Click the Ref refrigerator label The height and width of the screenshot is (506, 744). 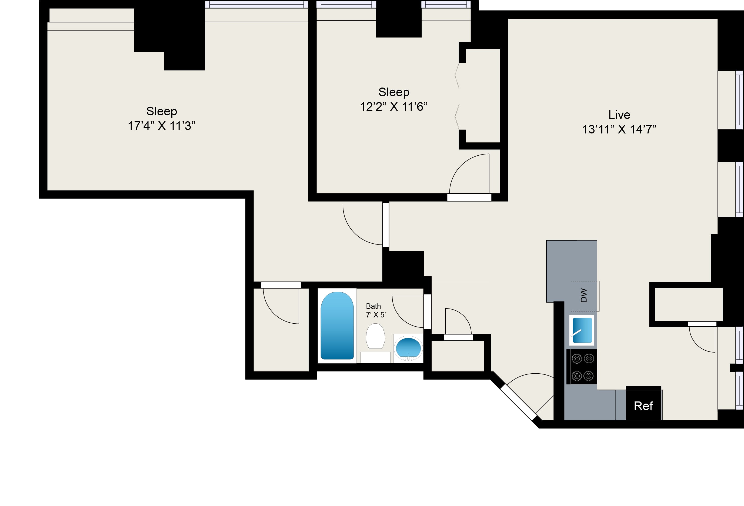pyautogui.click(x=643, y=406)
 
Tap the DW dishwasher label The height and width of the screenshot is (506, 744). pyautogui.click(x=584, y=295)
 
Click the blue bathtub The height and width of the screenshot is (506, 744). pyautogui.click(x=337, y=326)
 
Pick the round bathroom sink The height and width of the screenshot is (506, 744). pyautogui.click(x=408, y=348)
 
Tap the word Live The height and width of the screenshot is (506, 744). pyautogui.click(x=619, y=115)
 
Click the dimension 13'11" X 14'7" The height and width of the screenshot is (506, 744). pyautogui.click(x=619, y=129)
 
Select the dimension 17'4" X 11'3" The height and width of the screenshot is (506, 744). pyautogui.click(x=161, y=126)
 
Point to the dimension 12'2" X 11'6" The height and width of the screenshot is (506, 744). pyautogui.click(x=393, y=107)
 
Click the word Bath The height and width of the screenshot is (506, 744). pyautogui.click(x=373, y=306)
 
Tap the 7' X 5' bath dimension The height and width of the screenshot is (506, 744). pyautogui.click(x=376, y=315)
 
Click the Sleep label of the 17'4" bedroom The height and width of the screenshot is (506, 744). pyautogui.click(x=161, y=111)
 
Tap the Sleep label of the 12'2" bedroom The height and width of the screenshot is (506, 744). pyautogui.click(x=394, y=92)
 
